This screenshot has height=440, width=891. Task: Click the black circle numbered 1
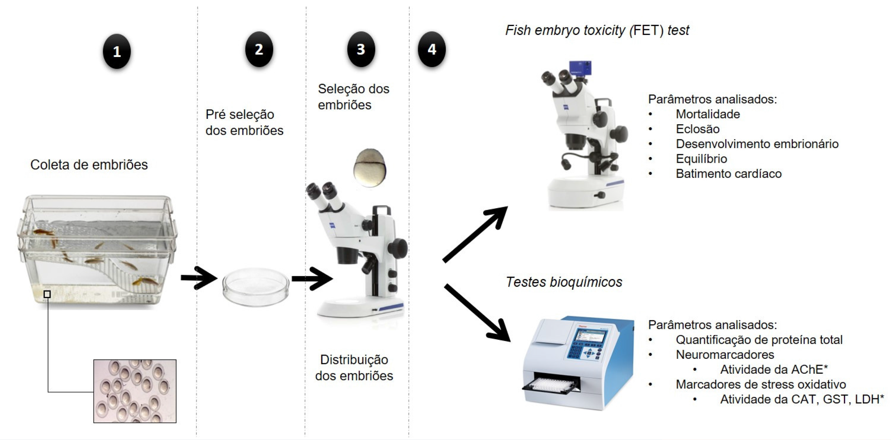[117, 52]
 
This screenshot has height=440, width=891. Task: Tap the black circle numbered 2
[259, 49]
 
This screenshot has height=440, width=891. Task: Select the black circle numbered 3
[361, 49]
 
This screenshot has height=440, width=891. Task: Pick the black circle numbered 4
[432, 49]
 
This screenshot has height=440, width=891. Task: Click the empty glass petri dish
[255, 287]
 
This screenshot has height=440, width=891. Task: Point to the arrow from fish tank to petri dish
[199, 278]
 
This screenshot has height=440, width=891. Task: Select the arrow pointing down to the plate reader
[477, 313]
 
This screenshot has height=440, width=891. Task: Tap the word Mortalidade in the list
[708, 114]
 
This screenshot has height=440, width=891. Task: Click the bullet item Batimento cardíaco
[728, 174]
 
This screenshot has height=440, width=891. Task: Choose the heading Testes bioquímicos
[564, 282]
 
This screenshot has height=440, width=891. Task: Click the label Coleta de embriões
[89, 165]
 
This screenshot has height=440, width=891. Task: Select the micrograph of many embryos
[135, 391]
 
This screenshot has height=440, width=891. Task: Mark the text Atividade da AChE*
[774, 370]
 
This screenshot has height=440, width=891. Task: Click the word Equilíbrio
[701, 159]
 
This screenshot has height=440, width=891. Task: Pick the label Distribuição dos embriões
[354, 367]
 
